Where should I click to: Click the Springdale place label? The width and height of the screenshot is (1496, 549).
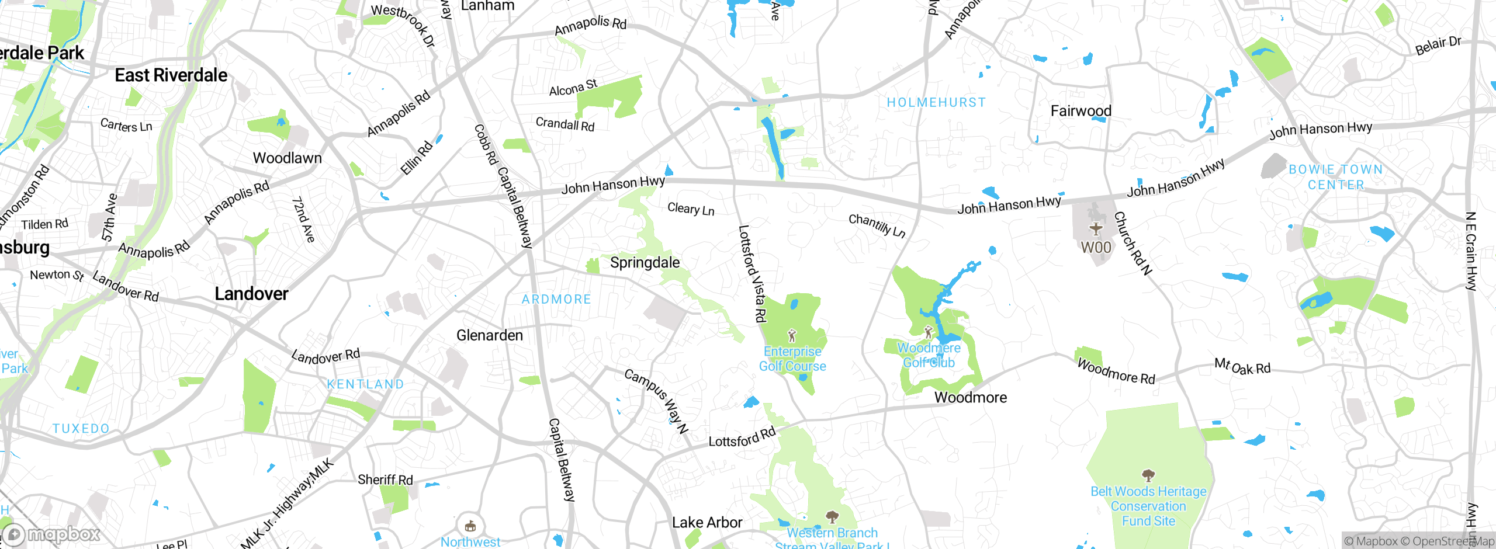(x=645, y=263)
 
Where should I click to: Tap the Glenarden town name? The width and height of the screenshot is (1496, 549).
(x=489, y=335)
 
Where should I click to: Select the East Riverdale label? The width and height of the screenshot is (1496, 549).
(x=171, y=75)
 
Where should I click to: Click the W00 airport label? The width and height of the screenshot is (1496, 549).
(x=1096, y=248)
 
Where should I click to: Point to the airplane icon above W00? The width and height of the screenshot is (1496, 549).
(x=1096, y=228)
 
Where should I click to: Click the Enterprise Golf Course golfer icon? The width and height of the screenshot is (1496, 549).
(x=792, y=336)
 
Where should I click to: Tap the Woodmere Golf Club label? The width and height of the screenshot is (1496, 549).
(x=929, y=355)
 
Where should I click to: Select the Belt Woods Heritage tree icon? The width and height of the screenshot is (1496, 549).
(x=1148, y=475)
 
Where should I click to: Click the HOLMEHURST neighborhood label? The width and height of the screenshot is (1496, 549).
(x=936, y=103)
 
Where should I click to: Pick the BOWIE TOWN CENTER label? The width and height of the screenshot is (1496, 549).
(x=1335, y=177)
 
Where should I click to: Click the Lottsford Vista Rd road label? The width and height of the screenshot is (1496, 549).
(x=752, y=273)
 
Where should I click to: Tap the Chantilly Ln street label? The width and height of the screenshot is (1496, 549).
(x=877, y=226)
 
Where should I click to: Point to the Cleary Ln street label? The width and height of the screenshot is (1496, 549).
(x=691, y=209)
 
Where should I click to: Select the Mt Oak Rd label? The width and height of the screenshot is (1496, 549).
(x=1242, y=367)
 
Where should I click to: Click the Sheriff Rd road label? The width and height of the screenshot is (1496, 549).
(x=385, y=480)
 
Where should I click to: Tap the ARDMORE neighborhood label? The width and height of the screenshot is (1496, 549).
(x=556, y=300)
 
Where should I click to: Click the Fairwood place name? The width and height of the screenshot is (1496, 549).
(x=1081, y=111)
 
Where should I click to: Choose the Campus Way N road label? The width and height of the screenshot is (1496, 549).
(x=656, y=401)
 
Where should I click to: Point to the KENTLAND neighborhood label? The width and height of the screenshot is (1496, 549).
(x=365, y=384)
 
